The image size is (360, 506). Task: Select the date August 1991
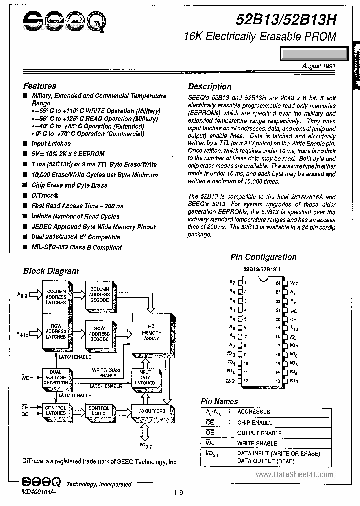coord(319,66)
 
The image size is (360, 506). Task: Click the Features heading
coord(40,86)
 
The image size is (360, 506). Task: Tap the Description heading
coord(210,86)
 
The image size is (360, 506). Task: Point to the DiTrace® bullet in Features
coord(45,195)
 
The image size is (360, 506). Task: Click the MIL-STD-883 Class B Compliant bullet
coord(76,247)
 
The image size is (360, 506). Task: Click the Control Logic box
coord(98,410)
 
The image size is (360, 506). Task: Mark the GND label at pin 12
coord(230,380)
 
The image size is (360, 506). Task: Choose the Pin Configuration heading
coord(263,257)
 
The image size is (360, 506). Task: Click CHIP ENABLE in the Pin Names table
coord(255,422)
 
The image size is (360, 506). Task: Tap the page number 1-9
coord(179,494)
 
